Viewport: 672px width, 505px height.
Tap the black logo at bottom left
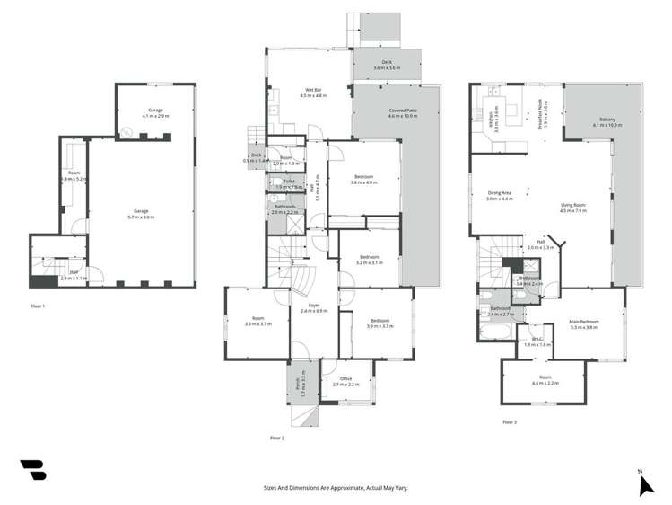click(x=33, y=472)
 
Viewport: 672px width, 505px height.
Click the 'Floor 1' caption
click(x=37, y=306)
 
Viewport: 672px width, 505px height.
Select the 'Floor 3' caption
click(x=510, y=421)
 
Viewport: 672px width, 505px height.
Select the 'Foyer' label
click(x=315, y=307)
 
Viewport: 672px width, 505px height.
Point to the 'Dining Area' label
click(x=500, y=193)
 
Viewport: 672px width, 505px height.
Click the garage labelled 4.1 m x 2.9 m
click(x=155, y=113)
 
